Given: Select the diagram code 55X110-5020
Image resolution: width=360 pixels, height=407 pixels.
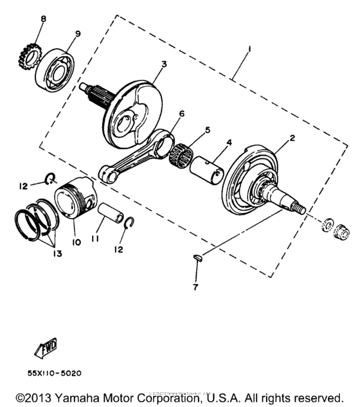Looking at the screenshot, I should coord(54,372).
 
